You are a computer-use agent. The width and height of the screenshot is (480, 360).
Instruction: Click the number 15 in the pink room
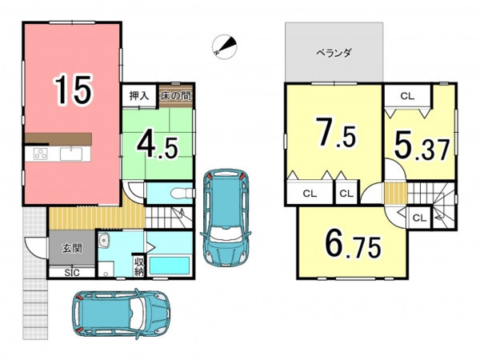[73, 90]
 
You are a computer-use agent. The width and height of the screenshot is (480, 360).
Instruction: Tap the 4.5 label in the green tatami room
[158, 146]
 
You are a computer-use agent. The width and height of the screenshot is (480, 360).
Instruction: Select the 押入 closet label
[139, 96]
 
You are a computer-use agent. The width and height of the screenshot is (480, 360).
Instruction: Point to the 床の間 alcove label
[176, 96]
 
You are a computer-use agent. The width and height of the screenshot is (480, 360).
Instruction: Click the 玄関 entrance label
[72, 248]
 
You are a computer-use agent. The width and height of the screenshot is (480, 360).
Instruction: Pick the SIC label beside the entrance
[72, 273]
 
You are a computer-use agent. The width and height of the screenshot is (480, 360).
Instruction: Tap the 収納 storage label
[139, 266]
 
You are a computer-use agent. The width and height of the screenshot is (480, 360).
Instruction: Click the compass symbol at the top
[224, 46]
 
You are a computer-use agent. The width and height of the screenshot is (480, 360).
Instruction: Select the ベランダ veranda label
[334, 54]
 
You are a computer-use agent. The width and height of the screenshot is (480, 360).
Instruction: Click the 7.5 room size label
[336, 133]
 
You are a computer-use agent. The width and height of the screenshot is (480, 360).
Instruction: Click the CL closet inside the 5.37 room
[407, 96]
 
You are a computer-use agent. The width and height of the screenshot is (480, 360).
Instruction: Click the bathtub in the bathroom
[169, 265]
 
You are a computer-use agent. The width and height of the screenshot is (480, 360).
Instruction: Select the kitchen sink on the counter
[71, 154]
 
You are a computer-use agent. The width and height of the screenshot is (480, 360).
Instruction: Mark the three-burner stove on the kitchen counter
[41, 154]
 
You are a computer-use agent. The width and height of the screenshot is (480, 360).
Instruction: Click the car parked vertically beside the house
[226, 217]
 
